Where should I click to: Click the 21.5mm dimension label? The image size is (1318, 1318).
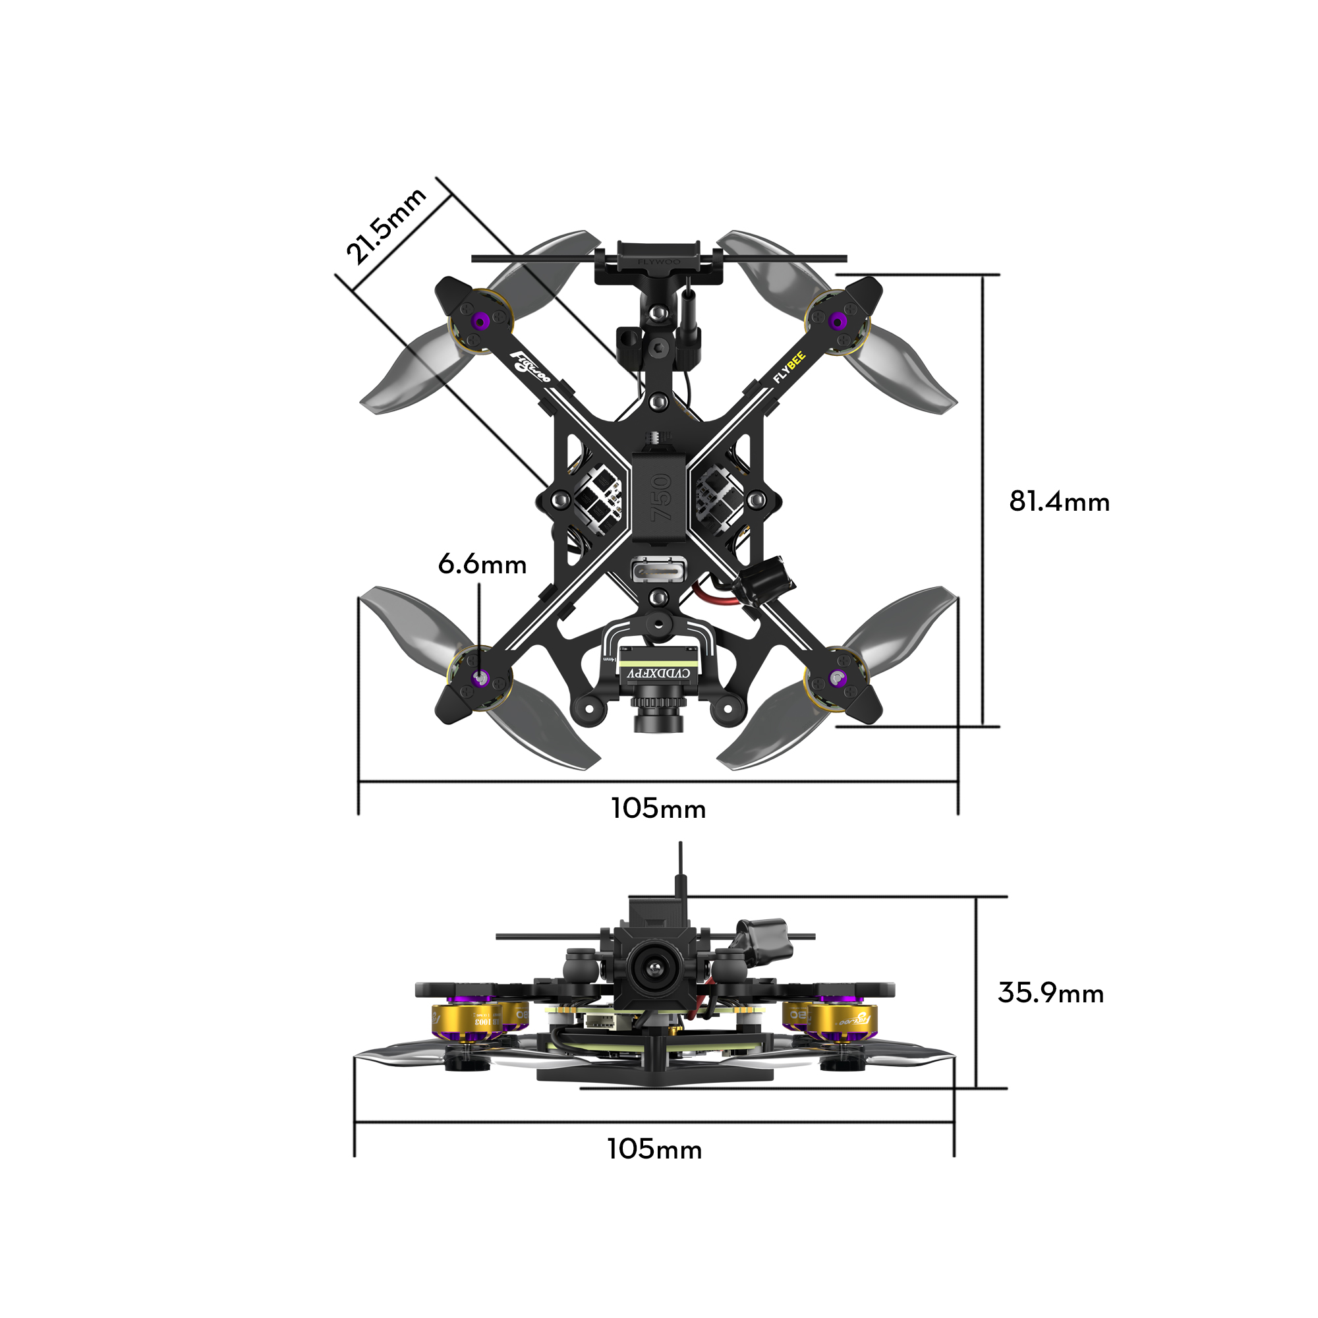click(386, 225)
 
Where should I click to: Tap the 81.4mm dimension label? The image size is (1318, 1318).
click(1059, 502)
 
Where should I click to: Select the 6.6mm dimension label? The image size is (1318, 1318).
click(482, 565)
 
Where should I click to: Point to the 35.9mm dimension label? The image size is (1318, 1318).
click(1050, 993)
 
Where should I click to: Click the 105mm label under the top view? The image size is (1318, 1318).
click(658, 809)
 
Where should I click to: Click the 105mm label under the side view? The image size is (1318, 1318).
click(654, 1149)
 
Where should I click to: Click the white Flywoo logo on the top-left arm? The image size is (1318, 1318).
click(530, 368)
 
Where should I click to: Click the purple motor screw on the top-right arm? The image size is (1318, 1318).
click(836, 320)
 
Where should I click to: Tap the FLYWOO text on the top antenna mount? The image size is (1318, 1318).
click(658, 261)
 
